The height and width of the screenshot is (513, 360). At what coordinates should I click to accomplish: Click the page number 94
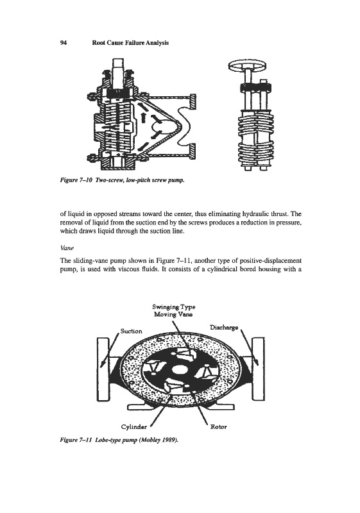[x=64, y=43]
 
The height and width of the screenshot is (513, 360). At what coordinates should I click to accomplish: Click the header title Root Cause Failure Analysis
[x=130, y=43]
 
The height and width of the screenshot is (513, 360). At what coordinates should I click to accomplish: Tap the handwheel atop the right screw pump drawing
[x=247, y=66]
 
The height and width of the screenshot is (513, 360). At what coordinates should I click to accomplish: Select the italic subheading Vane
[x=65, y=248]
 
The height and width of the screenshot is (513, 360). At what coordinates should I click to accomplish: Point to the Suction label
[x=132, y=332]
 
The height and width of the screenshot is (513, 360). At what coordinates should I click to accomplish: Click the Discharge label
[x=224, y=328]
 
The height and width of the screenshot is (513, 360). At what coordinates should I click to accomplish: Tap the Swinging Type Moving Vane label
[x=173, y=310]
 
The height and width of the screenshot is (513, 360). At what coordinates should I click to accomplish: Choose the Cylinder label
[x=134, y=427]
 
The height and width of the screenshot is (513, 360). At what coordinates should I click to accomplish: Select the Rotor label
[x=218, y=427]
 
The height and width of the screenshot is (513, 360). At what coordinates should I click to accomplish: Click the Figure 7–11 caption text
[x=119, y=440]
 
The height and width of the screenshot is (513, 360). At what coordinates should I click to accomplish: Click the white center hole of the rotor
[x=179, y=370]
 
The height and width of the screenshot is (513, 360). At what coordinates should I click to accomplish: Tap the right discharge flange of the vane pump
[x=258, y=369]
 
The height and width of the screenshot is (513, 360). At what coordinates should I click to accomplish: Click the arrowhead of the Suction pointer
[x=102, y=364]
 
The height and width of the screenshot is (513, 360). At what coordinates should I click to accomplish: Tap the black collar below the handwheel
[x=256, y=88]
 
